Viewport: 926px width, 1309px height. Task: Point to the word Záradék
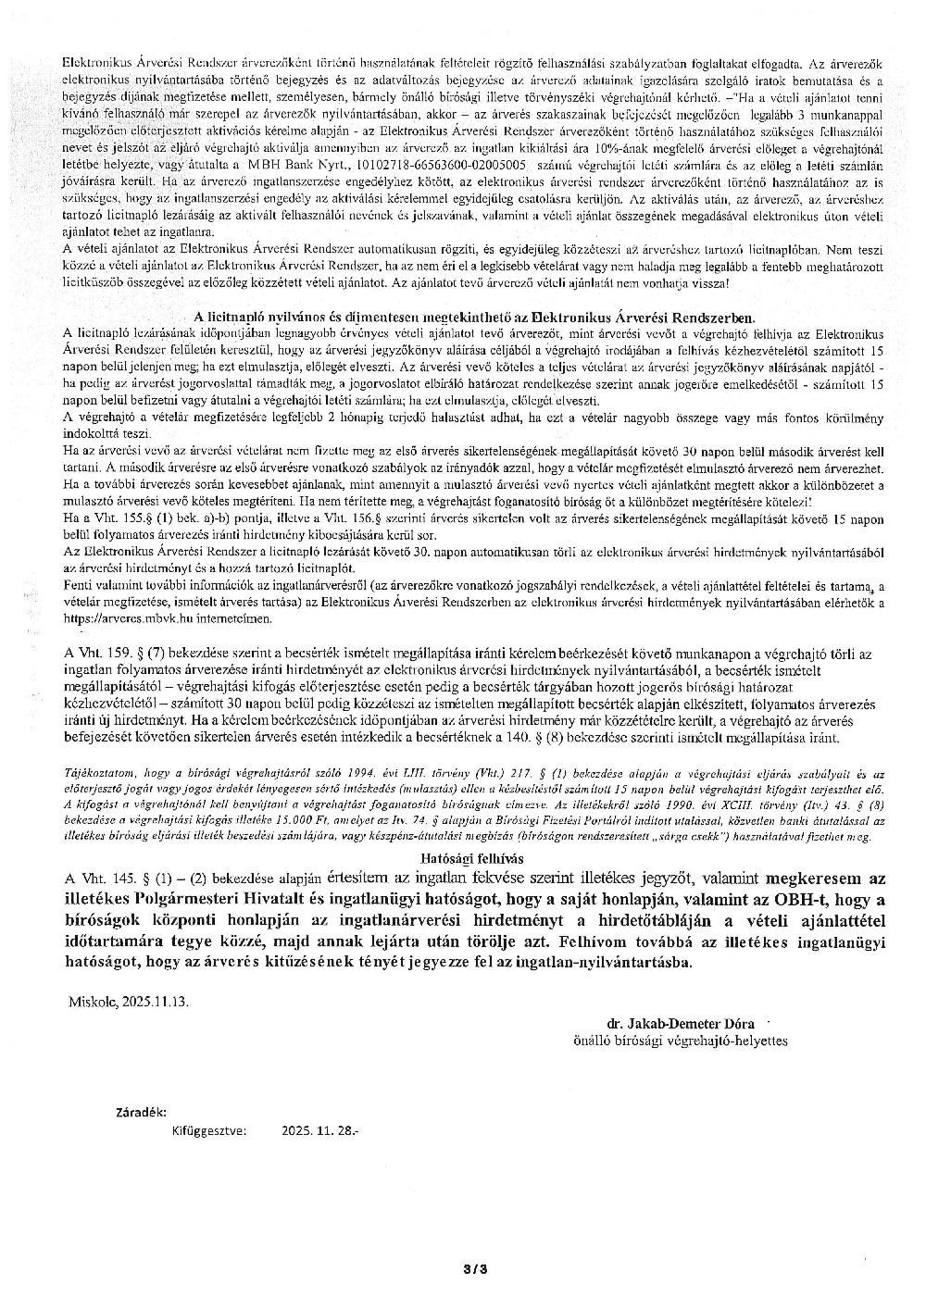[x=141, y=1111]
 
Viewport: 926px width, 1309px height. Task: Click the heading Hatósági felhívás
[x=473, y=858]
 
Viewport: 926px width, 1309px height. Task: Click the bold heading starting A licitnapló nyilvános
[x=474, y=316]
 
